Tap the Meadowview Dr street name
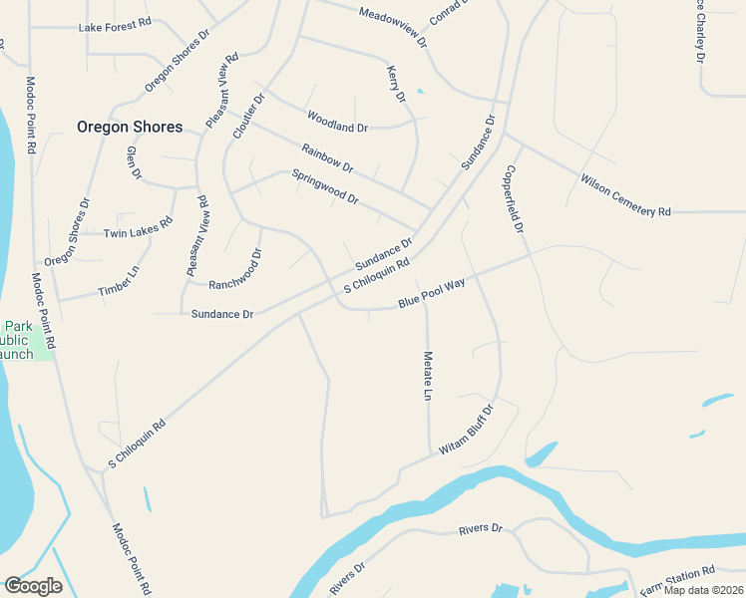393,27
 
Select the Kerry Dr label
396,84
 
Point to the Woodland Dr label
337,121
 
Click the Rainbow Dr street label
327,156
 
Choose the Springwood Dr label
324,186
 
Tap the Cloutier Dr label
247,117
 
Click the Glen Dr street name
134,162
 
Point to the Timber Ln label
119,282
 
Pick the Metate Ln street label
427,376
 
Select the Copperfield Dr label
516,198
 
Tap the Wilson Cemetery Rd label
626,195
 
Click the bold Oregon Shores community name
130,127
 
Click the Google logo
33,586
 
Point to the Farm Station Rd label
677,576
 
